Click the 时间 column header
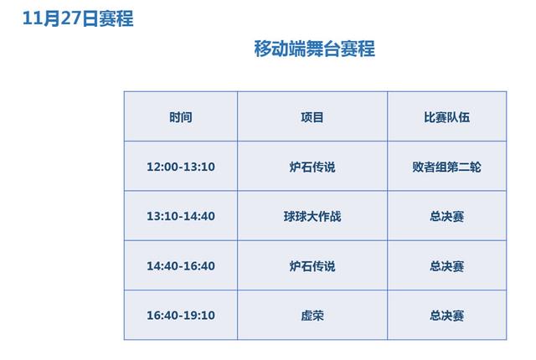point(180,117)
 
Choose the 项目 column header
point(312,117)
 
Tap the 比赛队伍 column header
point(446,117)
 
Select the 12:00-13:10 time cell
point(180,167)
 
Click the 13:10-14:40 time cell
point(180,216)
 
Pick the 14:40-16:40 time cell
point(180,266)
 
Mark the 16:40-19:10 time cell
point(180,316)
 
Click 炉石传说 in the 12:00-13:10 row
point(312,167)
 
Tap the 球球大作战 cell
point(312,216)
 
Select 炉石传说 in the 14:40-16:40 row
point(312,266)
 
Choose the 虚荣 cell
point(312,316)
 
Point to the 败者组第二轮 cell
point(446,167)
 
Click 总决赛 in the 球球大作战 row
point(446,216)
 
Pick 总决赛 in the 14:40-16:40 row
point(446,266)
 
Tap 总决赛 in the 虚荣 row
point(446,316)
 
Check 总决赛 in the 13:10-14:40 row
point(446,216)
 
